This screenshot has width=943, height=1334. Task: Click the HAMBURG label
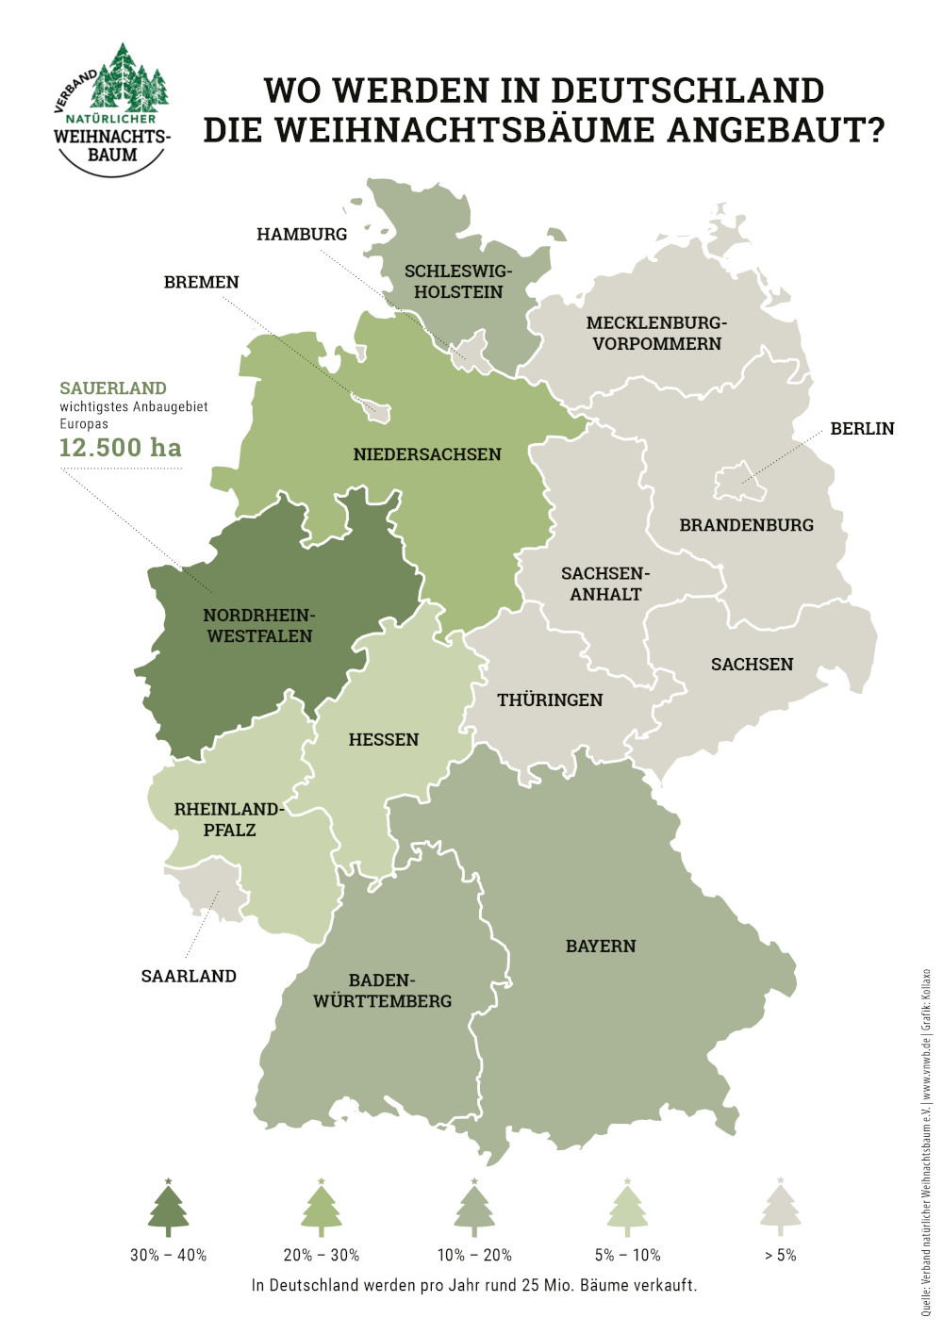pos(302,234)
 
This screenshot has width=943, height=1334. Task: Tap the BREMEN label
pos(201,282)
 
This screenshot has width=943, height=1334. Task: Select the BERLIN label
pos(862,428)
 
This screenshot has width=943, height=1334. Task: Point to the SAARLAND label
pos(189,976)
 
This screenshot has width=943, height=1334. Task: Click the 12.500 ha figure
pos(121,447)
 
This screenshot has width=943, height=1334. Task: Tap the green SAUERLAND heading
pos(113,387)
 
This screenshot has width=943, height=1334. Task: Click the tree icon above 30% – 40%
pos(169,1209)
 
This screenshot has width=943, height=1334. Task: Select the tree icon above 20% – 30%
pos(322,1209)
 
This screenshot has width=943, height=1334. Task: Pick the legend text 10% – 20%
pos(474,1255)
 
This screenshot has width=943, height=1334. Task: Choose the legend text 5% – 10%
pos(627,1255)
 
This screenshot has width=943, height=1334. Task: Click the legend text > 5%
pos(780,1255)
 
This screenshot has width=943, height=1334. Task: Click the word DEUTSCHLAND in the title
pos(687,91)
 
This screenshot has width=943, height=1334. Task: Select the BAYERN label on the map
pos(601,946)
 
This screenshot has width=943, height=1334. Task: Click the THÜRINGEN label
pos(550,700)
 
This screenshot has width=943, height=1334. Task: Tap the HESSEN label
pos(384,739)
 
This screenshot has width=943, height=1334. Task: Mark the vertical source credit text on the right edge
pos(926,1141)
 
